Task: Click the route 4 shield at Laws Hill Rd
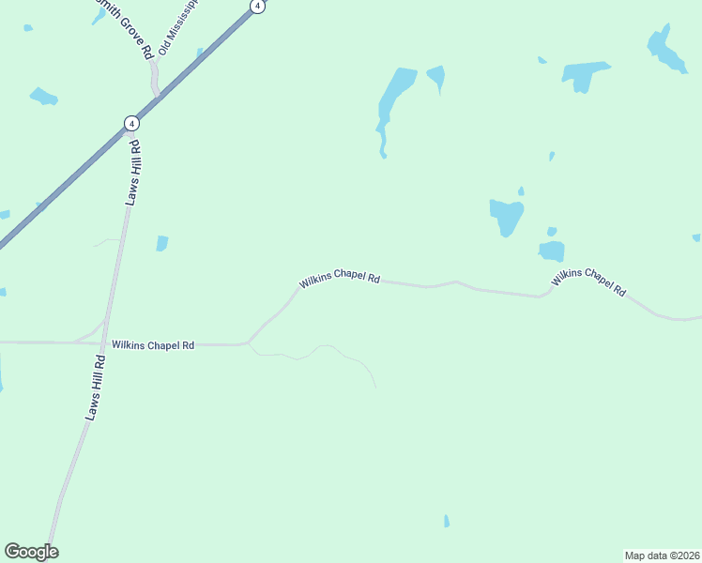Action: pyautogui.click(x=131, y=123)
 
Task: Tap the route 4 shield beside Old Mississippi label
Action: pyautogui.click(x=257, y=6)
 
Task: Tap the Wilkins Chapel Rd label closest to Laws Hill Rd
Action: pyautogui.click(x=152, y=345)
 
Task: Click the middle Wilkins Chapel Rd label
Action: pyautogui.click(x=340, y=280)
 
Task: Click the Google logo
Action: pyautogui.click(x=31, y=552)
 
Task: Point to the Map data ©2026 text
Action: pyautogui.click(x=662, y=555)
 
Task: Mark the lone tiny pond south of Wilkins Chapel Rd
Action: pyautogui.click(x=446, y=521)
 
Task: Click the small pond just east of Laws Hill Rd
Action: pyautogui.click(x=162, y=243)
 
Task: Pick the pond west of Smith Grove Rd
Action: pyautogui.click(x=44, y=96)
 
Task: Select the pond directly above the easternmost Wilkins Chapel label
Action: pyautogui.click(x=552, y=251)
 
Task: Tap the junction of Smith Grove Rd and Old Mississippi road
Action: pyautogui.click(x=156, y=94)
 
